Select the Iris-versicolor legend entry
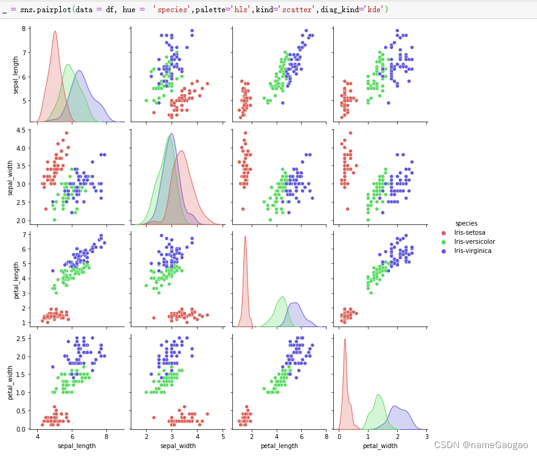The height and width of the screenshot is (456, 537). click(x=471, y=241)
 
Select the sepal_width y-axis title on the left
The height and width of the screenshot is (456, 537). click(x=11, y=176)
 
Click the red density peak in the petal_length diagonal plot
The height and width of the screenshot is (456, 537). click(x=245, y=237)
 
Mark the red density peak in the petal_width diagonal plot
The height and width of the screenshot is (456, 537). click(x=345, y=339)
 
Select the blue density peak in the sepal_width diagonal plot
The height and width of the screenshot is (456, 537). click(x=171, y=134)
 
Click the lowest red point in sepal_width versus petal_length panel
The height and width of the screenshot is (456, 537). click(x=243, y=209)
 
